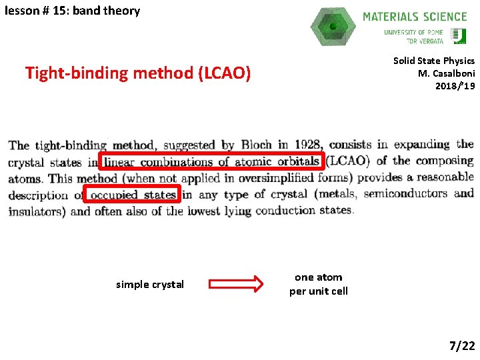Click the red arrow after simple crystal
click(236, 285)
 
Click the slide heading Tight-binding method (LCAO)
click(138, 73)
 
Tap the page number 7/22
click(462, 345)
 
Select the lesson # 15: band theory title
click(72, 11)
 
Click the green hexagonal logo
click(333, 27)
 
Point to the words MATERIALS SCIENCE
click(415, 17)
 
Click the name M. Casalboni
click(446, 73)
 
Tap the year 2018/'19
click(455, 85)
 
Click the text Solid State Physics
click(434, 61)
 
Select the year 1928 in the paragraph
click(308, 145)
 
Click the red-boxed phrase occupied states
click(133, 195)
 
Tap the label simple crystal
click(150, 285)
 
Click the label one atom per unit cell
click(319, 284)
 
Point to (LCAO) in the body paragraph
click(350, 161)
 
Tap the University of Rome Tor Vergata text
click(413, 36)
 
